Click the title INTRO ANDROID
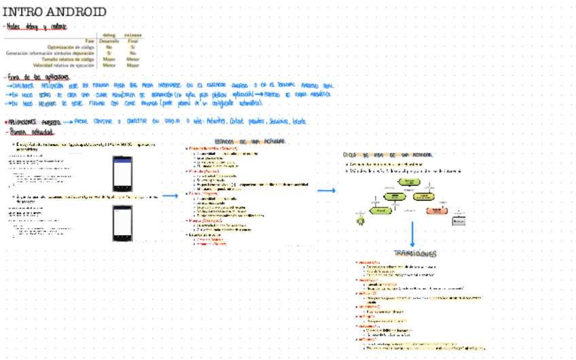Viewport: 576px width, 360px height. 55,12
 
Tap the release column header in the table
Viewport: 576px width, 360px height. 132,35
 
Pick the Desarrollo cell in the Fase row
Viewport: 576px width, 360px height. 109,41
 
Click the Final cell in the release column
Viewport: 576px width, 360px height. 132,41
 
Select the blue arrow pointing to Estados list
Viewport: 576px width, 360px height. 169,196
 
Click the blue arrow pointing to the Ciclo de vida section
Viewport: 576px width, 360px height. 327,191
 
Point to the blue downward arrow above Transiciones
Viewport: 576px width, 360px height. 412,234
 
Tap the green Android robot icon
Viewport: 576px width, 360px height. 360,219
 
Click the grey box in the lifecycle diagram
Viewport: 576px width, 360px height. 459,220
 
